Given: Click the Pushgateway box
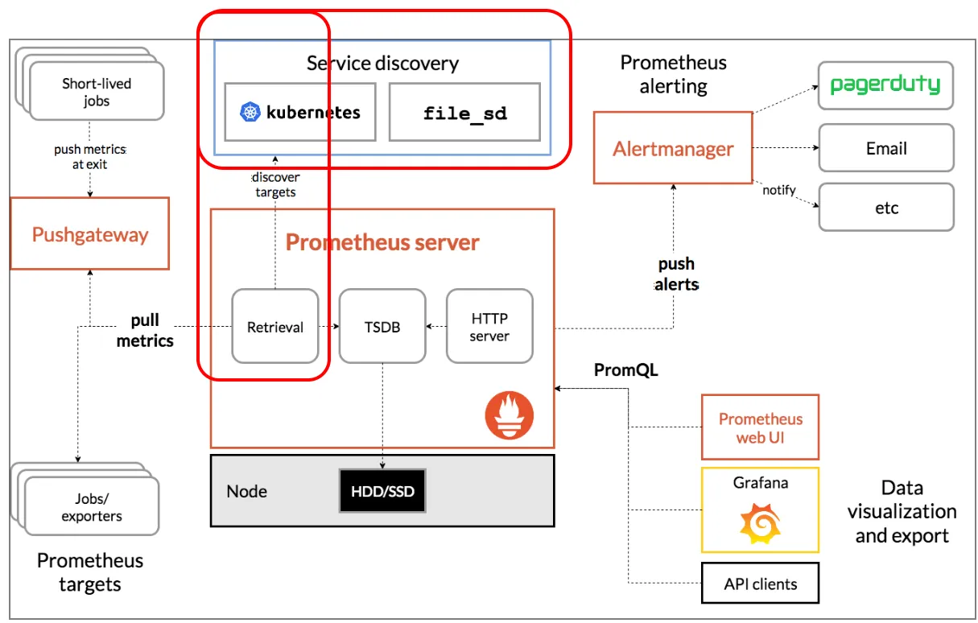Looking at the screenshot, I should click(89, 234).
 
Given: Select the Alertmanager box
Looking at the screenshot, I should click(673, 148).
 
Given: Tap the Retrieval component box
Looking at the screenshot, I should click(274, 326).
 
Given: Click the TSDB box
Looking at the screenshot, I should click(382, 326).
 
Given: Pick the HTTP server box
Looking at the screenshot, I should click(489, 326).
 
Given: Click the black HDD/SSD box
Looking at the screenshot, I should click(382, 490).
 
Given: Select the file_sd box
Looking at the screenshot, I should click(464, 112).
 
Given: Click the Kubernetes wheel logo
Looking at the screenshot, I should click(250, 112).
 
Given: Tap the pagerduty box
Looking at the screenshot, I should click(885, 85).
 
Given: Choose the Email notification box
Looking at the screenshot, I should click(885, 148).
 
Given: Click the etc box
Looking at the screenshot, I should click(885, 208).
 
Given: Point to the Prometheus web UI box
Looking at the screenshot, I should click(760, 427).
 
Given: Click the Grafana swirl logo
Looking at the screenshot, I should click(760, 524).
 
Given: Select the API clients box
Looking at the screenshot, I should click(760, 583).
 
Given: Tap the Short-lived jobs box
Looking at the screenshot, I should click(97, 92).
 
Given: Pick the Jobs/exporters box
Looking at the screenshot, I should click(92, 507).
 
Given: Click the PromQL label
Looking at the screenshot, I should click(625, 370).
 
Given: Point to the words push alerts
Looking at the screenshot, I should click(676, 274).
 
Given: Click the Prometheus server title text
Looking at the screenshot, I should click(382, 241).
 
